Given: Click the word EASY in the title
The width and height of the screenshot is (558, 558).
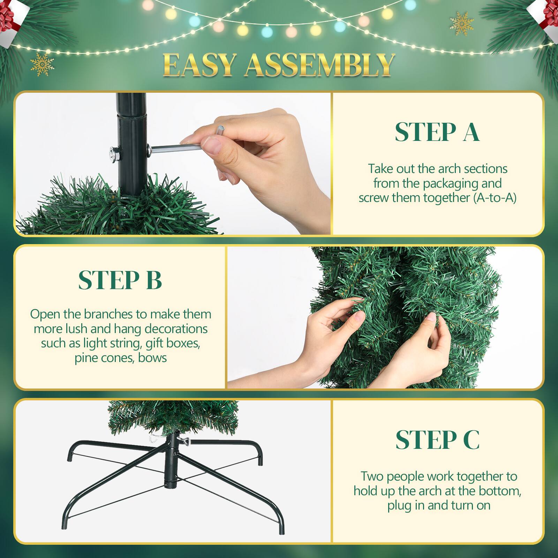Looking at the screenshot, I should pyautogui.click(x=199, y=65).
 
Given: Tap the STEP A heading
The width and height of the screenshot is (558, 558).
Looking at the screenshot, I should pyautogui.click(x=437, y=132).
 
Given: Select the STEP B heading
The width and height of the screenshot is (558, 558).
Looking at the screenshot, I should pyautogui.click(x=120, y=280).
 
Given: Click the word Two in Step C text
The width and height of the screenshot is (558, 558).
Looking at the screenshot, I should pyautogui.click(x=372, y=476).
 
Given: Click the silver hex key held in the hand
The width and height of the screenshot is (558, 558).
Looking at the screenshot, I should pyautogui.click(x=174, y=149).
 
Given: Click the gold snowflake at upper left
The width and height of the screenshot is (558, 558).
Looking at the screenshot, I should pyautogui.click(x=42, y=64).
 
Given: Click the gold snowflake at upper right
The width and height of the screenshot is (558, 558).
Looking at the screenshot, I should pyautogui.click(x=462, y=23).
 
